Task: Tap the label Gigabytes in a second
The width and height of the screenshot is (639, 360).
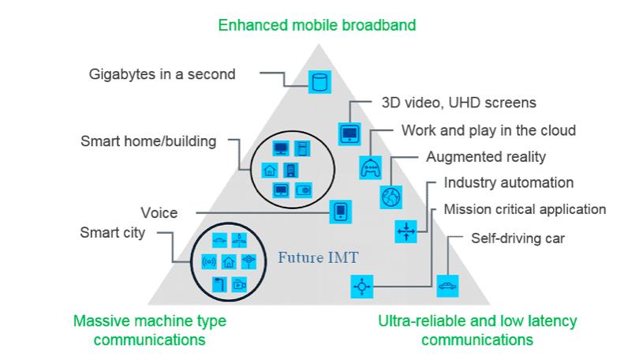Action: click(162, 75)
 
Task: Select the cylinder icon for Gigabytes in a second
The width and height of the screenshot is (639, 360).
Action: click(319, 81)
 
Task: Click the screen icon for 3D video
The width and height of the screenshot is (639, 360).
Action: click(349, 133)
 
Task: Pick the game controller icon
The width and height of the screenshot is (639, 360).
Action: click(371, 167)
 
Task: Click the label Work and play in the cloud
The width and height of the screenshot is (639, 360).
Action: click(488, 129)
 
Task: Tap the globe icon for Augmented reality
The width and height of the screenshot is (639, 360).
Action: click(391, 197)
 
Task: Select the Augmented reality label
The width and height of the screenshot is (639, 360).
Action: click(486, 156)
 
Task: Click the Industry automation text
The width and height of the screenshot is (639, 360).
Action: click(509, 183)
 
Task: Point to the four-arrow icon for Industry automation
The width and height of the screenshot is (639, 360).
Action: click(405, 231)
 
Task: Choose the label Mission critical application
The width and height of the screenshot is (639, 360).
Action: click(525, 209)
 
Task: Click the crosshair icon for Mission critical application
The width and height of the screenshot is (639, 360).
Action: click(362, 287)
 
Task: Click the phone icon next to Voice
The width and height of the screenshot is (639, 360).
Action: click(341, 212)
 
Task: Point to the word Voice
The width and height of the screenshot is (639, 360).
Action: click(159, 212)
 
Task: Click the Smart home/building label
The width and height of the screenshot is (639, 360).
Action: click(148, 142)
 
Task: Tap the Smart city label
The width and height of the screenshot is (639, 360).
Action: click(114, 233)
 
